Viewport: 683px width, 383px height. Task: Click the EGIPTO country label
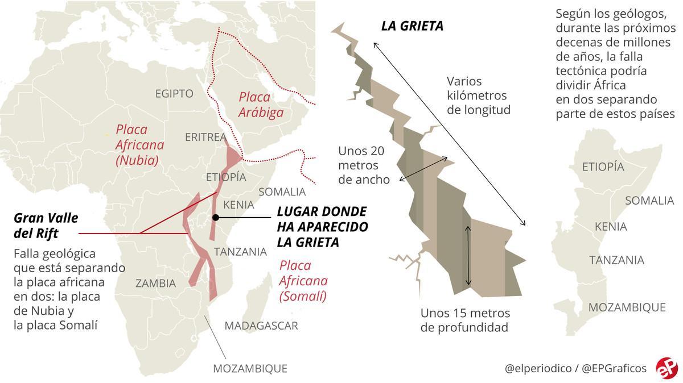pos(174,94)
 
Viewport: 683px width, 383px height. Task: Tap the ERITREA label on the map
pos(205,137)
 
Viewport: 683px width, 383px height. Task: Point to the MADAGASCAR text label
pos(261,326)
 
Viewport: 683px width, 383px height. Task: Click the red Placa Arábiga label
pos(261,105)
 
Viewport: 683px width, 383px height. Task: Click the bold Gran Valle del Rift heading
pos(46,226)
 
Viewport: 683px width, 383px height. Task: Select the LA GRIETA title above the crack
pos(412,26)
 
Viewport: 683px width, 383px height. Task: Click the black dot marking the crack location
pos(215,218)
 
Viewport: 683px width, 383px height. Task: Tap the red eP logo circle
pos(665,367)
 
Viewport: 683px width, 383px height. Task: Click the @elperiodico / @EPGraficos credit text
pos(575,368)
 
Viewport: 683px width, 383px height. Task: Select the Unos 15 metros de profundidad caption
pos(466,320)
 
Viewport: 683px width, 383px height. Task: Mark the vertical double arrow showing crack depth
pos(468,255)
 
